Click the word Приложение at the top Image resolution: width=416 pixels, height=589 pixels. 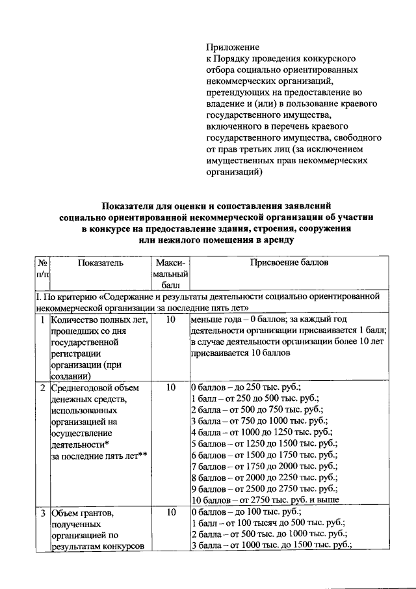(233, 48)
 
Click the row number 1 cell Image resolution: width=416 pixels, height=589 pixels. (42, 320)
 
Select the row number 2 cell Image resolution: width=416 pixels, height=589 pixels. (42, 387)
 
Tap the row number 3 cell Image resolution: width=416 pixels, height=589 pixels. (42, 512)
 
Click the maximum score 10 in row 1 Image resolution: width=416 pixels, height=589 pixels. (170, 320)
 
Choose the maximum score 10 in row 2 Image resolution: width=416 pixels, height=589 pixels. (170, 387)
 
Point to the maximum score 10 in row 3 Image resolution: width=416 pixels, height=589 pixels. (170, 512)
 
